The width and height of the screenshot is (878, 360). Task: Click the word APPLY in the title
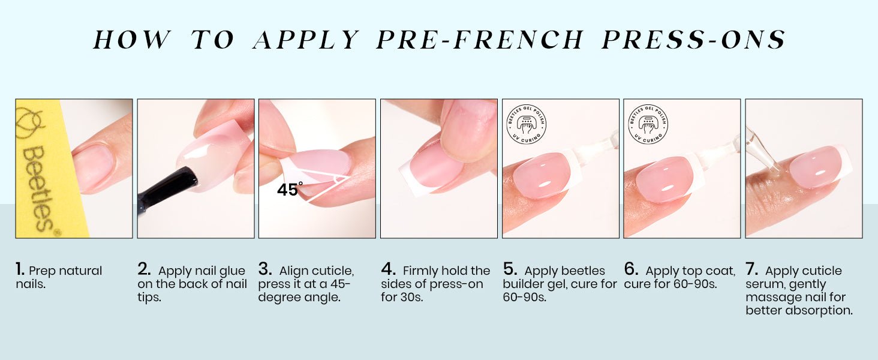[x=306, y=40]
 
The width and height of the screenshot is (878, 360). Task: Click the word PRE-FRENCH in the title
[x=480, y=40]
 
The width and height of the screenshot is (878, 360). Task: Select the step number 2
[x=144, y=269]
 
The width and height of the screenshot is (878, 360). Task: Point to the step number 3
[x=264, y=269]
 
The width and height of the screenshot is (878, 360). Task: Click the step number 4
[x=388, y=269]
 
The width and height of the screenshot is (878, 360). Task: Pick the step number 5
[x=510, y=269]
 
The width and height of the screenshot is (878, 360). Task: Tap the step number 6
[x=631, y=269]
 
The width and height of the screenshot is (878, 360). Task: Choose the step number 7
[x=752, y=269]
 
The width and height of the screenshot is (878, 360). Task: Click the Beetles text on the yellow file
[x=38, y=188]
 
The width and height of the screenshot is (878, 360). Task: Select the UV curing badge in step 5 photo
[x=526, y=124]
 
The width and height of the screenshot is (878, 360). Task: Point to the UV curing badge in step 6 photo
[x=648, y=124]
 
